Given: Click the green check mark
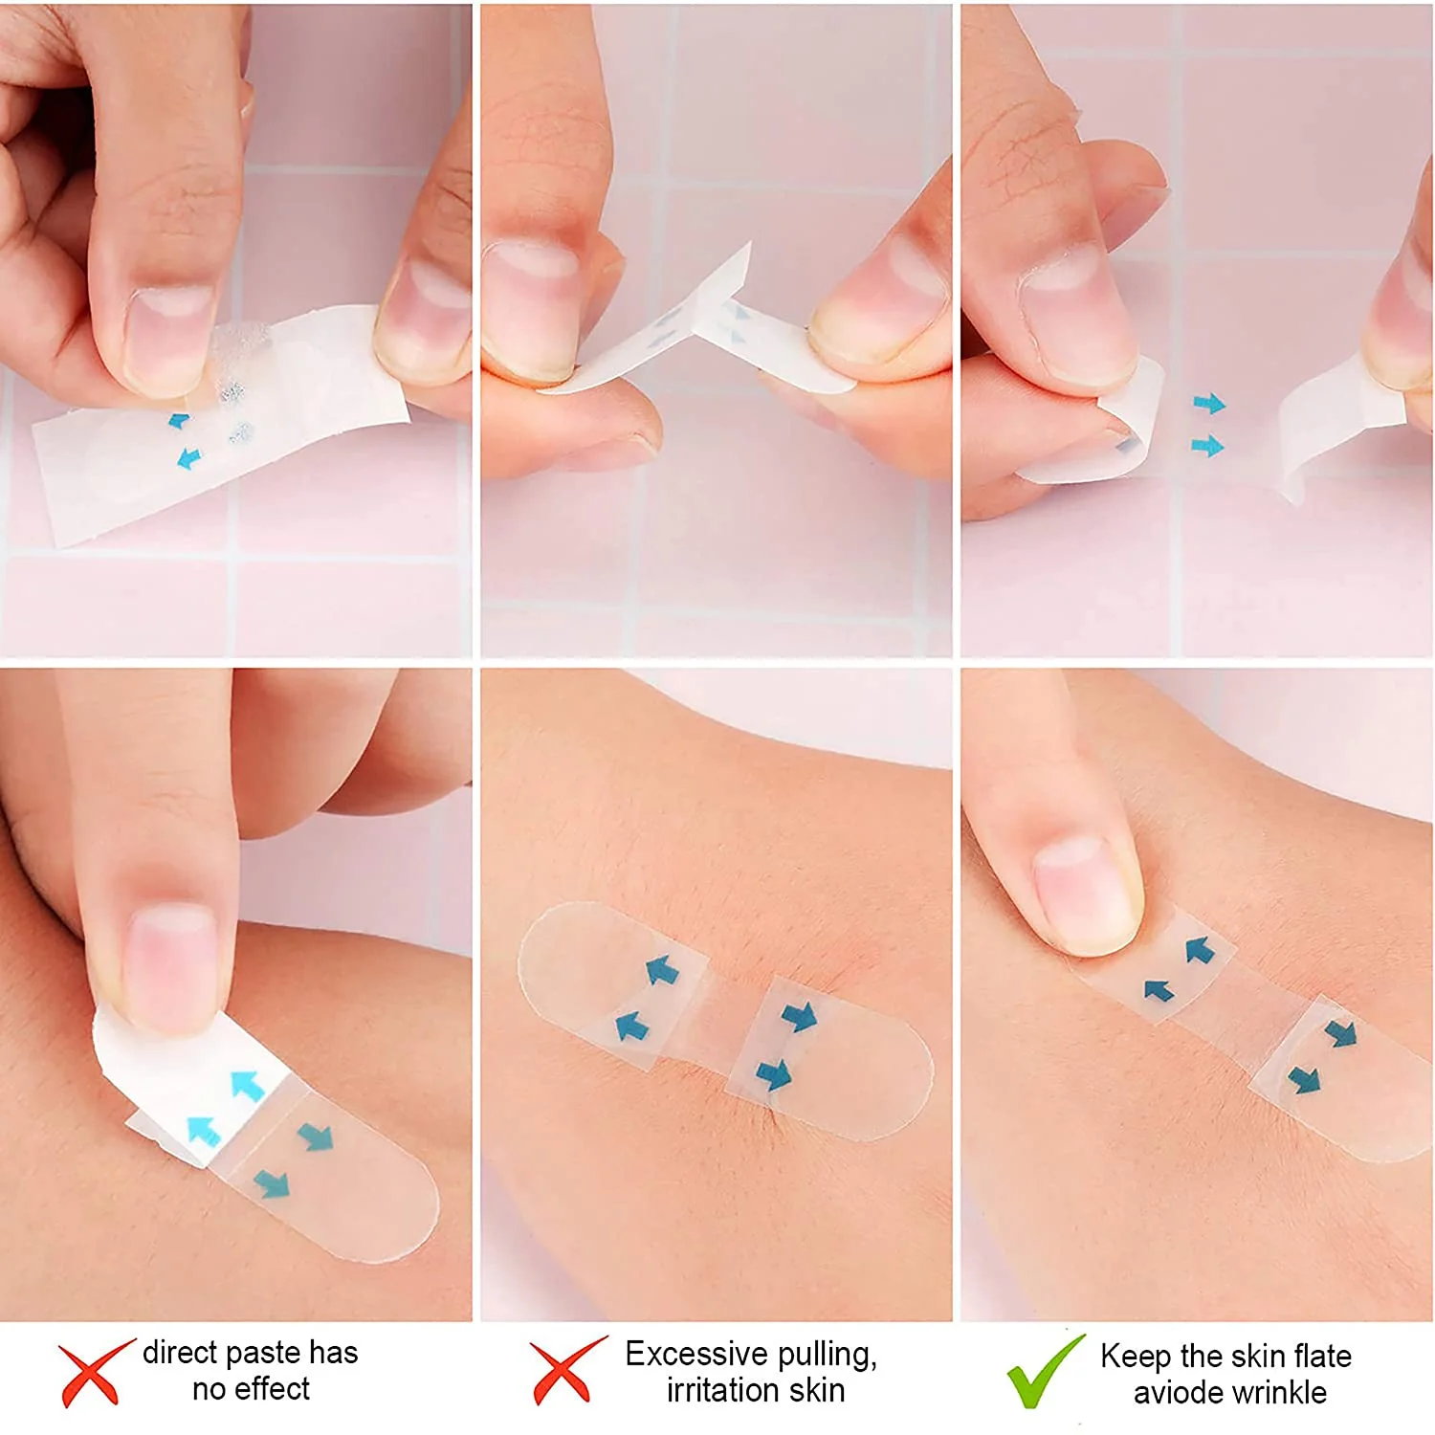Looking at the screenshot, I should coord(1045,1371).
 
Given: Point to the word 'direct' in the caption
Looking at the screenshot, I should coord(179,1353).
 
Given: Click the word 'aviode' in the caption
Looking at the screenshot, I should coord(1174,1393).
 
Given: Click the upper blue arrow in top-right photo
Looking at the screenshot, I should coord(1209,404).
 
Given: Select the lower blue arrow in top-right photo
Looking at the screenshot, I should coord(1207,446).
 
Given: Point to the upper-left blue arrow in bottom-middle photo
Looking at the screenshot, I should coord(661,971).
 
